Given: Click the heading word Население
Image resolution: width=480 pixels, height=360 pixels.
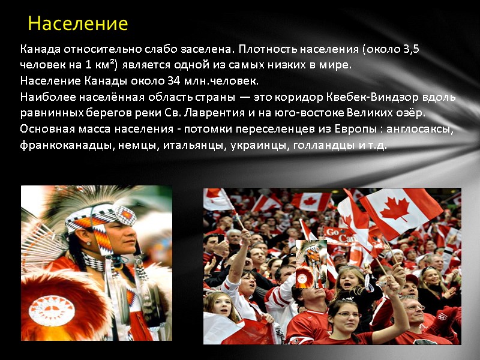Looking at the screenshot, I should click(x=77, y=24).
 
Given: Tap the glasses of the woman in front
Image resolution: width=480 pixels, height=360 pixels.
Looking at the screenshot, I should click(x=349, y=314).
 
